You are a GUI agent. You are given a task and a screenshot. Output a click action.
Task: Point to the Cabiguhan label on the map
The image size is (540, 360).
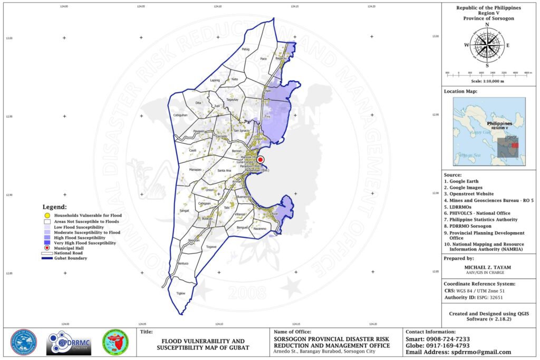point(180,115)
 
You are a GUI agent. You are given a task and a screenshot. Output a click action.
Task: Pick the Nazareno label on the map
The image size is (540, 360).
point(260,229)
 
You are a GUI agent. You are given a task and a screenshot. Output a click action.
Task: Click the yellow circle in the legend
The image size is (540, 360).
point(47,216)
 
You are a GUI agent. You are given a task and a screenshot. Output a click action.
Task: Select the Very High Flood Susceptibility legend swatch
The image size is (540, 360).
point(47,243)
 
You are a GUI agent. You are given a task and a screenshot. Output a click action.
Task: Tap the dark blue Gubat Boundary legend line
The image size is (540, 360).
point(47,258)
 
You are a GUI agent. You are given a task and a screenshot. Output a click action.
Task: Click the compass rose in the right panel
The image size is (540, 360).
point(486,45)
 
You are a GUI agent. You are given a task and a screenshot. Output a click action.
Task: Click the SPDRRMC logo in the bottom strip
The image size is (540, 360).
point(69,343)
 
